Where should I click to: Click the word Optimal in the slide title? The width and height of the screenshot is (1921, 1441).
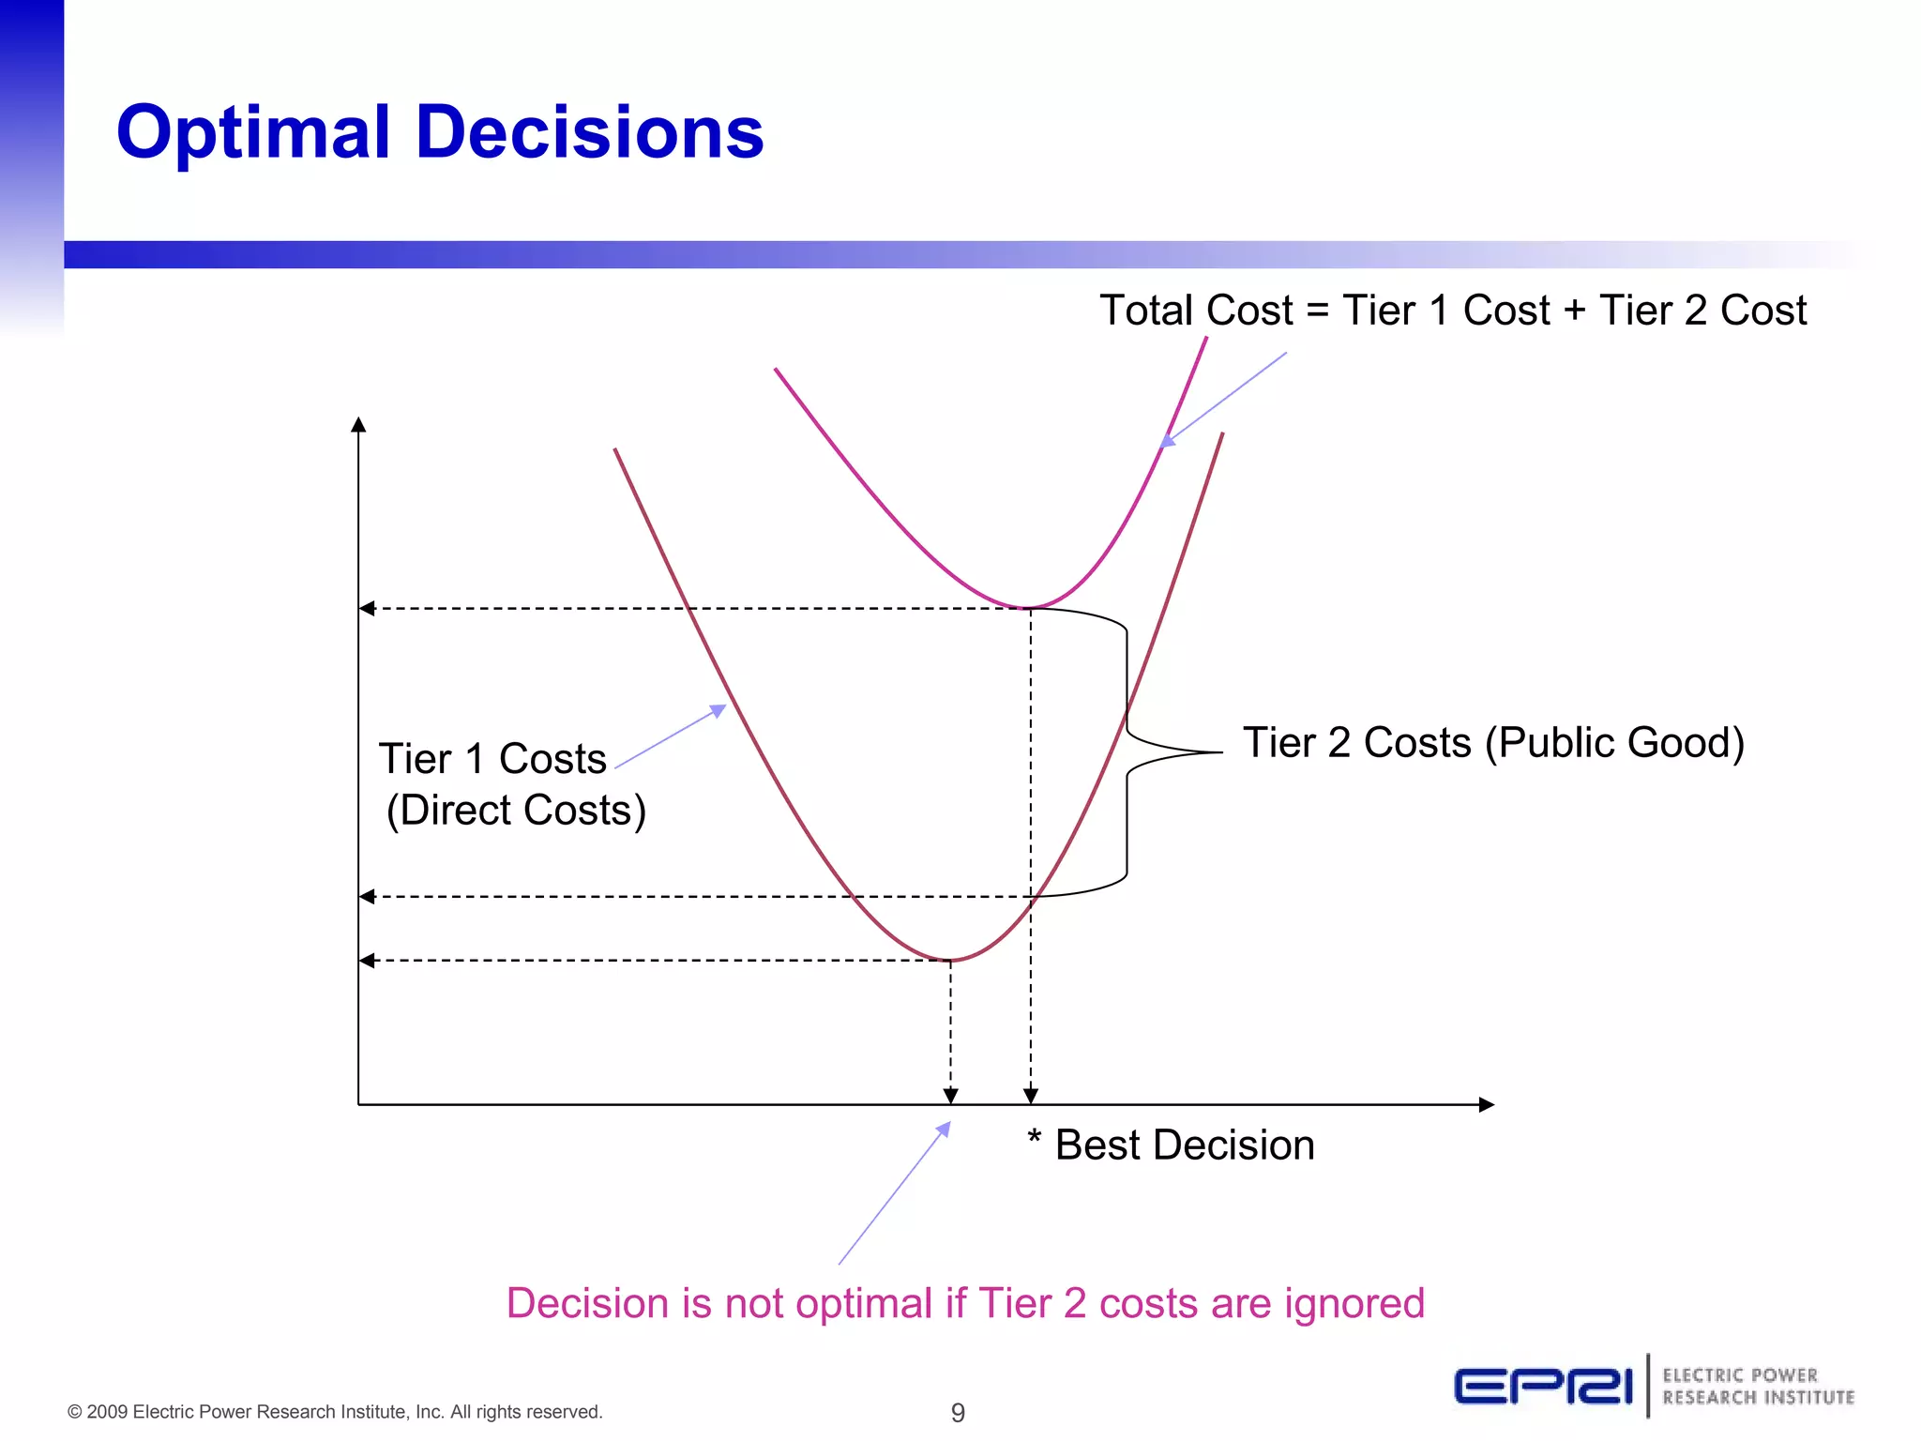(x=253, y=133)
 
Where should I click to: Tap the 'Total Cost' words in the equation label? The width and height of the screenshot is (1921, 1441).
(x=1196, y=311)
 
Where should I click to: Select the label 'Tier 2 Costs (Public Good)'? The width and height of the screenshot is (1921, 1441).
(x=1493, y=743)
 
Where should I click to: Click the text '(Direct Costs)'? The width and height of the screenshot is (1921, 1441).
(x=516, y=811)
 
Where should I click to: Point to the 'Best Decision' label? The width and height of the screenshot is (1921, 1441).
(x=1184, y=1145)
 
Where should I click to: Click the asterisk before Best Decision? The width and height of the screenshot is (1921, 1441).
(x=1035, y=1137)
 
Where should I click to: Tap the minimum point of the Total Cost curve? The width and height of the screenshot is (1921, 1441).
(x=1029, y=608)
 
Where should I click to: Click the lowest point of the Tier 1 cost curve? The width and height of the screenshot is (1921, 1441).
(x=949, y=960)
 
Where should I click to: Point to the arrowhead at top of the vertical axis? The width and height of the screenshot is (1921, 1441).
(x=358, y=425)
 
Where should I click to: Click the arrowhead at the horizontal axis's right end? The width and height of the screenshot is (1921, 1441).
(x=1487, y=1105)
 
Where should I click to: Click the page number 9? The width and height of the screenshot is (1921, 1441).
(x=958, y=1412)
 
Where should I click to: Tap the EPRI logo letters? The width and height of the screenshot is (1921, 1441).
(x=1544, y=1387)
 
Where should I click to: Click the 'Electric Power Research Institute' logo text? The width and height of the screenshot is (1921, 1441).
(x=1758, y=1387)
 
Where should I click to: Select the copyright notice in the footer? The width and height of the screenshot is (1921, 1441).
(x=335, y=1412)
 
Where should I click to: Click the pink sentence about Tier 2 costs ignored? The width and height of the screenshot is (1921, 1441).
(x=965, y=1304)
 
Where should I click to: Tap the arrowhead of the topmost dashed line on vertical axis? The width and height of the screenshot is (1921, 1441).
(x=367, y=609)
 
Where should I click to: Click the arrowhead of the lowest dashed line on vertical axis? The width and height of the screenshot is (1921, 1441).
(x=367, y=961)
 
